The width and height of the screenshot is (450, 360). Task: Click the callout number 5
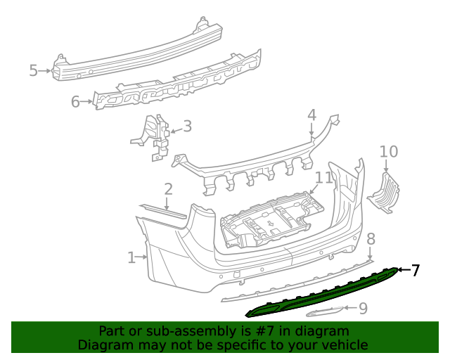(33, 70)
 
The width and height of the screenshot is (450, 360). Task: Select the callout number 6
(75, 102)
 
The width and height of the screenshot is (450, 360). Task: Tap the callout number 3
(187, 127)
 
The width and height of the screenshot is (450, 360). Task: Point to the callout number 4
(311, 115)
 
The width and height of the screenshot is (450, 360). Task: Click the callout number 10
(389, 151)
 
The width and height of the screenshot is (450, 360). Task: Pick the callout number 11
(323, 178)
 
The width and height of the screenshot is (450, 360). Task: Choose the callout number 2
(168, 188)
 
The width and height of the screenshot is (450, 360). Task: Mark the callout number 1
(131, 258)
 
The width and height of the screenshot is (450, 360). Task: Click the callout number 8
(371, 239)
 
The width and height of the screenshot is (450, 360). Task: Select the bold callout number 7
(416, 270)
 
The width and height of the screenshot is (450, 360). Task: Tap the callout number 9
(363, 308)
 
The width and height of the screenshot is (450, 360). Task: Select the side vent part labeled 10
(384, 193)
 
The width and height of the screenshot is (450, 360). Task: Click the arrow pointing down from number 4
(311, 129)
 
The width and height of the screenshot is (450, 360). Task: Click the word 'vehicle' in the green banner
(342, 345)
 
